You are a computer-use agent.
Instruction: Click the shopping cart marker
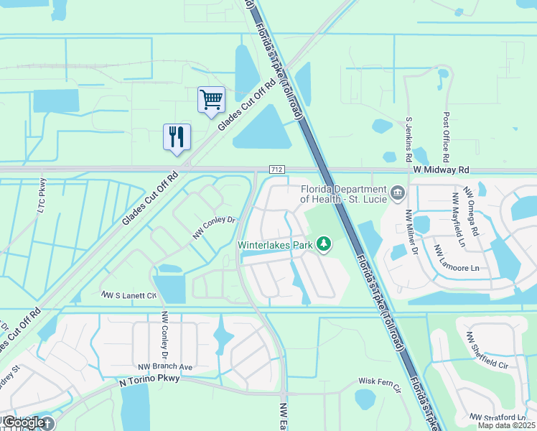pos(211,99)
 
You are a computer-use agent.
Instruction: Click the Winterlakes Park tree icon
pos(324,244)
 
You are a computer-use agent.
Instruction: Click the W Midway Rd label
pos(441,170)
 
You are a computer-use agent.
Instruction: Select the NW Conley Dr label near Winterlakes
pos(215,228)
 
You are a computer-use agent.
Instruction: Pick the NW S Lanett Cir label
pos(129,295)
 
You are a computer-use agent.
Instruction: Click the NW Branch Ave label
pos(166,367)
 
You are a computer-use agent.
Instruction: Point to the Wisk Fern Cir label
pos(379,381)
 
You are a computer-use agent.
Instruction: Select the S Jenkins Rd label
pos(408,139)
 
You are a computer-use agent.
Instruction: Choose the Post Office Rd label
pos(447,136)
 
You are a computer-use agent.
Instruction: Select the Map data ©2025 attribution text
pos(505,425)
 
